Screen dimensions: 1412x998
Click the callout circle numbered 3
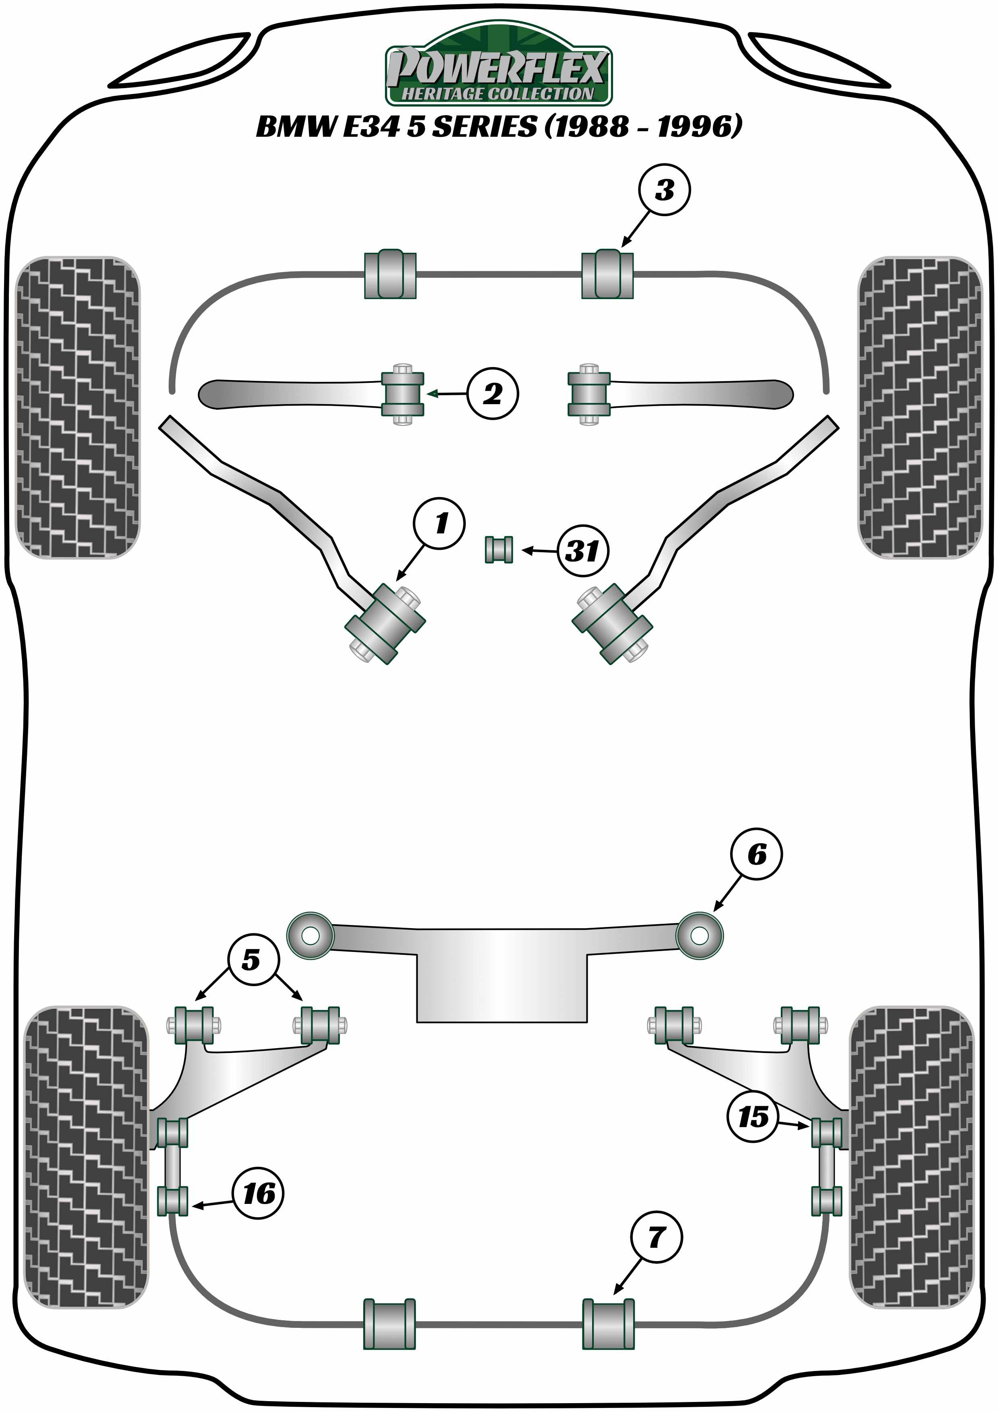664,190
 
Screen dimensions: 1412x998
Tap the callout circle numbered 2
492,394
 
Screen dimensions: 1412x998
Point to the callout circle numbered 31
582,551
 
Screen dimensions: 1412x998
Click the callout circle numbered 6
757,854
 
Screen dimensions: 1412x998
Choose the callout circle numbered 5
252,959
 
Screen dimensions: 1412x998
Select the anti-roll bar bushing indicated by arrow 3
607,274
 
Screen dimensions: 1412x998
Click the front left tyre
77,407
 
